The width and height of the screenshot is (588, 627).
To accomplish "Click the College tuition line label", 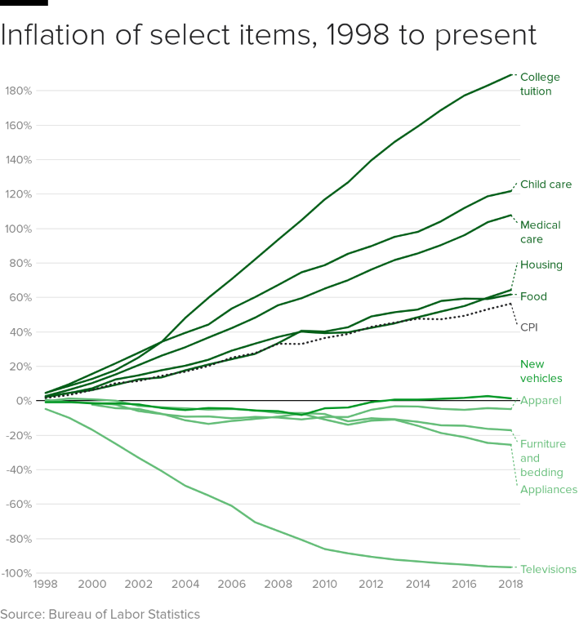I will (x=540, y=84).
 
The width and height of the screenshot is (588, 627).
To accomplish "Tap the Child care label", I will (x=546, y=185).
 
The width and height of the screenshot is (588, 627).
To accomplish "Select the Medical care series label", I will (x=540, y=232).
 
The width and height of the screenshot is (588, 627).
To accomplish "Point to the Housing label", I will (x=541, y=265).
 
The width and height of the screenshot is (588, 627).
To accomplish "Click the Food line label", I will (x=533, y=296).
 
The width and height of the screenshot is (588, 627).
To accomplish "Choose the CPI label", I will (x=529, y=327).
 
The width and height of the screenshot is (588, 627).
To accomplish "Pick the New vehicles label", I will (x=541, y=371).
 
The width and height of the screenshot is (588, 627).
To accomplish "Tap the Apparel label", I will (x=541, y=401).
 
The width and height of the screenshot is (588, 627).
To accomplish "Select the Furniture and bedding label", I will (x=543, y=458).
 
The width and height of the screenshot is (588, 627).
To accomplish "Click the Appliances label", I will (x=548, y=490).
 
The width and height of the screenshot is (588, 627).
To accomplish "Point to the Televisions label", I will (x=548, y=570).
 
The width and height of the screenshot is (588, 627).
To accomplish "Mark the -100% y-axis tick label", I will (x=16, y=573).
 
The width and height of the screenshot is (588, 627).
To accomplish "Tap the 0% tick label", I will (x=24, y=401).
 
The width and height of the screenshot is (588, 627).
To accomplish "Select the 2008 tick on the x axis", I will (x=278, y=585).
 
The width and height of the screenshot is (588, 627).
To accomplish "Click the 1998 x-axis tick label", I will (x=46, y=585).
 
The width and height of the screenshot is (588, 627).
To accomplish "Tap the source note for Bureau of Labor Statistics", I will (x=100, y=614).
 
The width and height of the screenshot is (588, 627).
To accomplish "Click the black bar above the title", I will (x=24, y=3).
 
